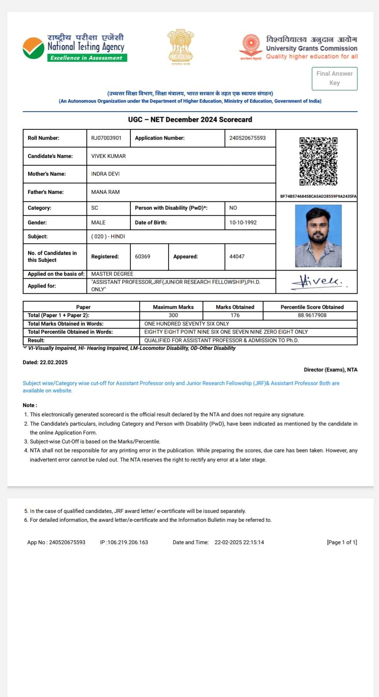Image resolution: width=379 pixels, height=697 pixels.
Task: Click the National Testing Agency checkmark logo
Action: [34, 48]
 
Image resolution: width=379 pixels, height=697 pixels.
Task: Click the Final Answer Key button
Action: [334, 78]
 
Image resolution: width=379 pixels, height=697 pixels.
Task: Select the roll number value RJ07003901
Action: [106, 138]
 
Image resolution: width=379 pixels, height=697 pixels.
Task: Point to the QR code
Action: [318, 161]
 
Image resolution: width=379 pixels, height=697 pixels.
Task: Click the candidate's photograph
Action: [318, 236]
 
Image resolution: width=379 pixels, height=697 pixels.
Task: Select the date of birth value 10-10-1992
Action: [243, 223]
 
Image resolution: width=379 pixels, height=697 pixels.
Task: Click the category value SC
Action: [94, 208]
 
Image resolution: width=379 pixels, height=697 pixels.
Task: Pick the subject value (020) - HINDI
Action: [108, 237]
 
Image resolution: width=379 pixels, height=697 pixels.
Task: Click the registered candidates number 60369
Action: [143, 257]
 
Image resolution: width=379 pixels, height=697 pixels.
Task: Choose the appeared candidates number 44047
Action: [237, 257]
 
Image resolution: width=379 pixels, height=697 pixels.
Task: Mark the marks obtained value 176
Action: [235, 315]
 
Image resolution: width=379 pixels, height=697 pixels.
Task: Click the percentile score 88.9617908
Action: [312, 315]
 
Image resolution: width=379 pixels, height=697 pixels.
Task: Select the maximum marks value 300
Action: [173, 315]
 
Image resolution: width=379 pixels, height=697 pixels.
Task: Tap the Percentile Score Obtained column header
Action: [312, 307]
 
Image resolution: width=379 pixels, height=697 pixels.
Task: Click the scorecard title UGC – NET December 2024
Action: [190, 120]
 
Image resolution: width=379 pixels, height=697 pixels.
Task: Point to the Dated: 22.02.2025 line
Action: [45, 362]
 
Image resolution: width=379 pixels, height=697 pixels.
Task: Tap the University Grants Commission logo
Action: [251, 47]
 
